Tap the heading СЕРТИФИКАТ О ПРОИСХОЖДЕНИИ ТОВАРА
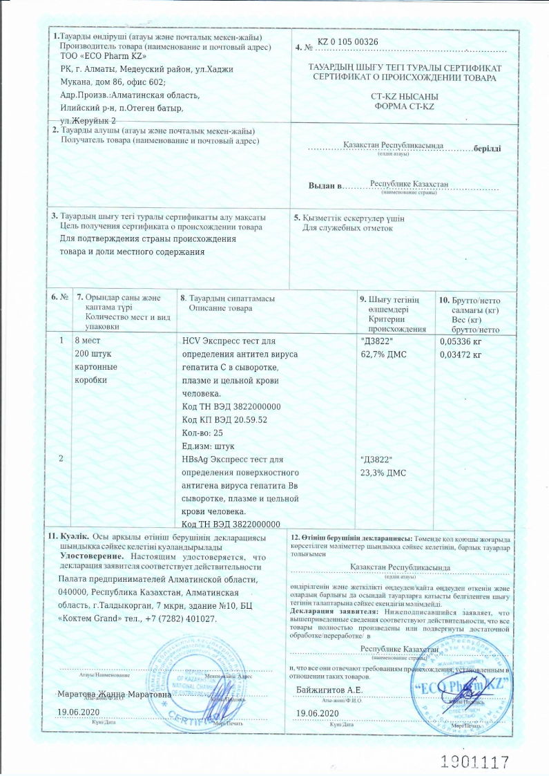pyautogui.click(x=404, y=79)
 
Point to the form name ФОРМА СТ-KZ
pyautogui.click(x=404, y=106)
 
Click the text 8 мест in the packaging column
pyautogui.click(x=89, y=341)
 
